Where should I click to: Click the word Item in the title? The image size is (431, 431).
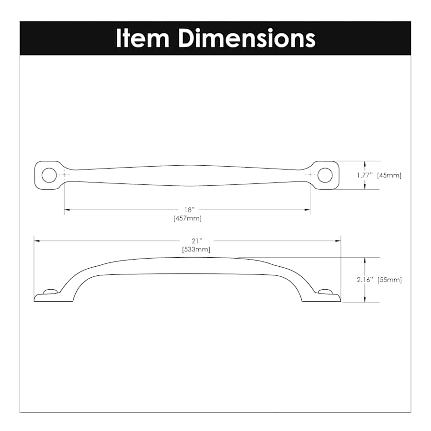click(142, 38)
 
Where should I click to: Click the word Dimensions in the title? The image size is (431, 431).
click(247, 38)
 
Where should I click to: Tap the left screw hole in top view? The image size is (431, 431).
click(48, 175)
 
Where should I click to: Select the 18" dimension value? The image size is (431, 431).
click(190, 210)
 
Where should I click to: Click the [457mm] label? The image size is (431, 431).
click(188, 218)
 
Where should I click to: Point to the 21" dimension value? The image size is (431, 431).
click(197, 240)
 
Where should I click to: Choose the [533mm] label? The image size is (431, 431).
click(196, 250)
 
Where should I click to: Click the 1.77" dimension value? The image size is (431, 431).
click(364, 175)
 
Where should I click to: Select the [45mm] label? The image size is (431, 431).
click(389, 175)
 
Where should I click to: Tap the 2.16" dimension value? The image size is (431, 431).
click(364, 280)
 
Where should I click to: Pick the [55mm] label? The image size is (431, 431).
click(389, 280)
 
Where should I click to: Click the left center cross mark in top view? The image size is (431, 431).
click(64, 175)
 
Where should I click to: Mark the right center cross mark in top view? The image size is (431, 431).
click(310, 175)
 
